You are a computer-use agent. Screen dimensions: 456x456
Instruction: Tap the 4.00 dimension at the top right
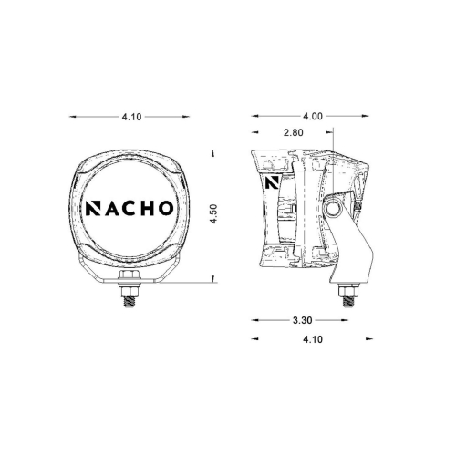(313, 116)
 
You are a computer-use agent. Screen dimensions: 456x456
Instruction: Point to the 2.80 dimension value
(294, 132)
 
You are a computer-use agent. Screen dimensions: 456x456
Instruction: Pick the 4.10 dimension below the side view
(311, 338)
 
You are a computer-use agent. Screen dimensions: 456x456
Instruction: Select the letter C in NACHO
(132, 207)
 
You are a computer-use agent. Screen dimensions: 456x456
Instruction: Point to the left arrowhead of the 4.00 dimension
(254, 116)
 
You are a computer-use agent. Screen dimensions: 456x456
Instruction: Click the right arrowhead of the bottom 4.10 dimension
(370, 338)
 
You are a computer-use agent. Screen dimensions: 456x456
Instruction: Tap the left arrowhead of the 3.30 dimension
(254, 321)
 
